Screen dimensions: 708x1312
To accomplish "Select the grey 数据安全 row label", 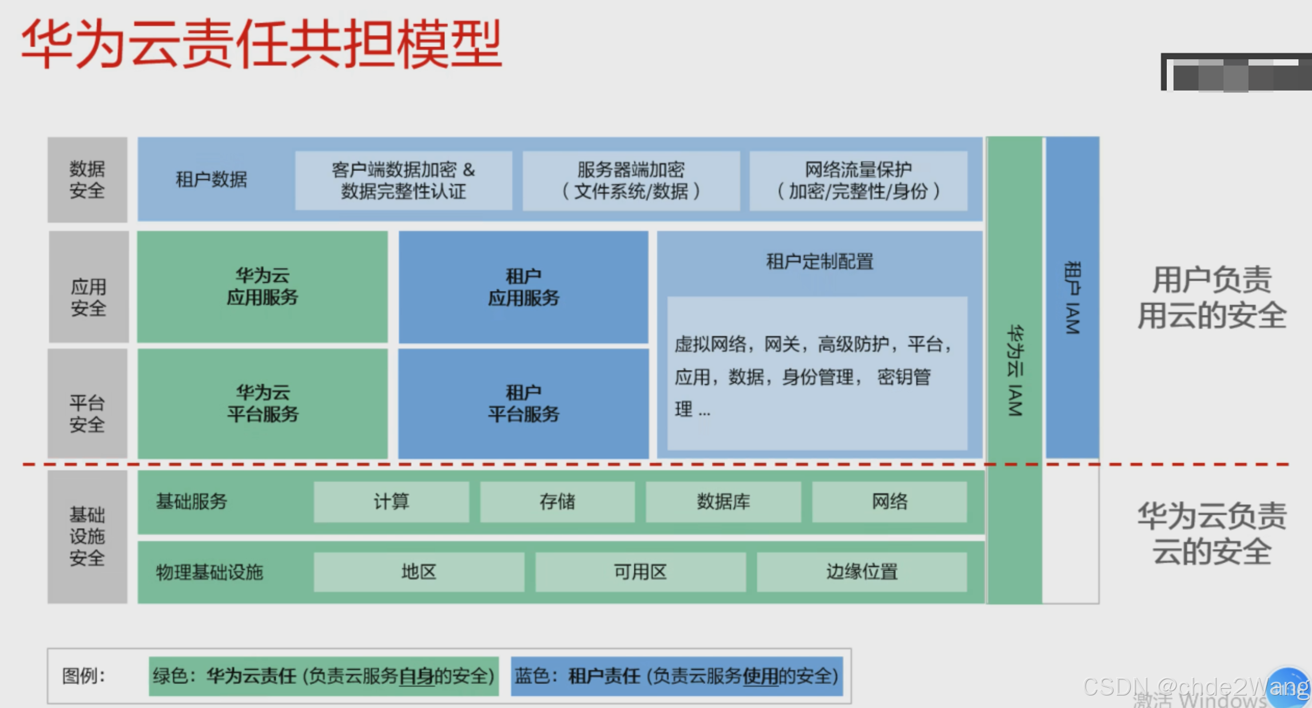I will (x=87, y=179).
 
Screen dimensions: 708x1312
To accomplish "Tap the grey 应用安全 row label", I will (x=89, y=297).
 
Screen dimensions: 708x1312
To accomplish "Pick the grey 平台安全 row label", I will (x=87, y=414).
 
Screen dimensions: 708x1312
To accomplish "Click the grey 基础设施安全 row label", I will (x=87, y=536).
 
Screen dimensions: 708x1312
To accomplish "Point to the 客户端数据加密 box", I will (x=403, y=181).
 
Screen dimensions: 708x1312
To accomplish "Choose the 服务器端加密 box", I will (x=631, y=181).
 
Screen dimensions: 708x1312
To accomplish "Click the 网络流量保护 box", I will (x=858, y=181).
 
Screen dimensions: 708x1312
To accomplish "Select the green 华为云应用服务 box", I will (x=262, y=287).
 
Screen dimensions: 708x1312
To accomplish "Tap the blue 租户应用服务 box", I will (x=523, y=287).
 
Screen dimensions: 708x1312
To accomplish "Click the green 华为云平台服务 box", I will (x=262, y=403).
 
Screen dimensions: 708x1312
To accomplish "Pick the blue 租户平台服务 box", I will (x=523, y=403).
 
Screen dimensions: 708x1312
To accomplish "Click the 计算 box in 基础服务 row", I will (x=391, y=501).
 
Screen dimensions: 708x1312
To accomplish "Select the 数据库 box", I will (x=723, y=501).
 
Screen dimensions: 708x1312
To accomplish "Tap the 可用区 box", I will (x=640, y=572).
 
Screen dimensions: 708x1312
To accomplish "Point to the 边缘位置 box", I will (x=862, y=572).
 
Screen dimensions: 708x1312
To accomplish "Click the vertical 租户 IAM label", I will (x=1072, y=298).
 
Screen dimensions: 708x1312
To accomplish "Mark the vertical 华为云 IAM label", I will (x=1015, y=370).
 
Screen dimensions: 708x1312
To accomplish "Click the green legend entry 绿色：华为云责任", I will (x=323, y=676).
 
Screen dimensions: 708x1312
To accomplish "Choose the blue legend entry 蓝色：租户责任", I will (x=676, y=676).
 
